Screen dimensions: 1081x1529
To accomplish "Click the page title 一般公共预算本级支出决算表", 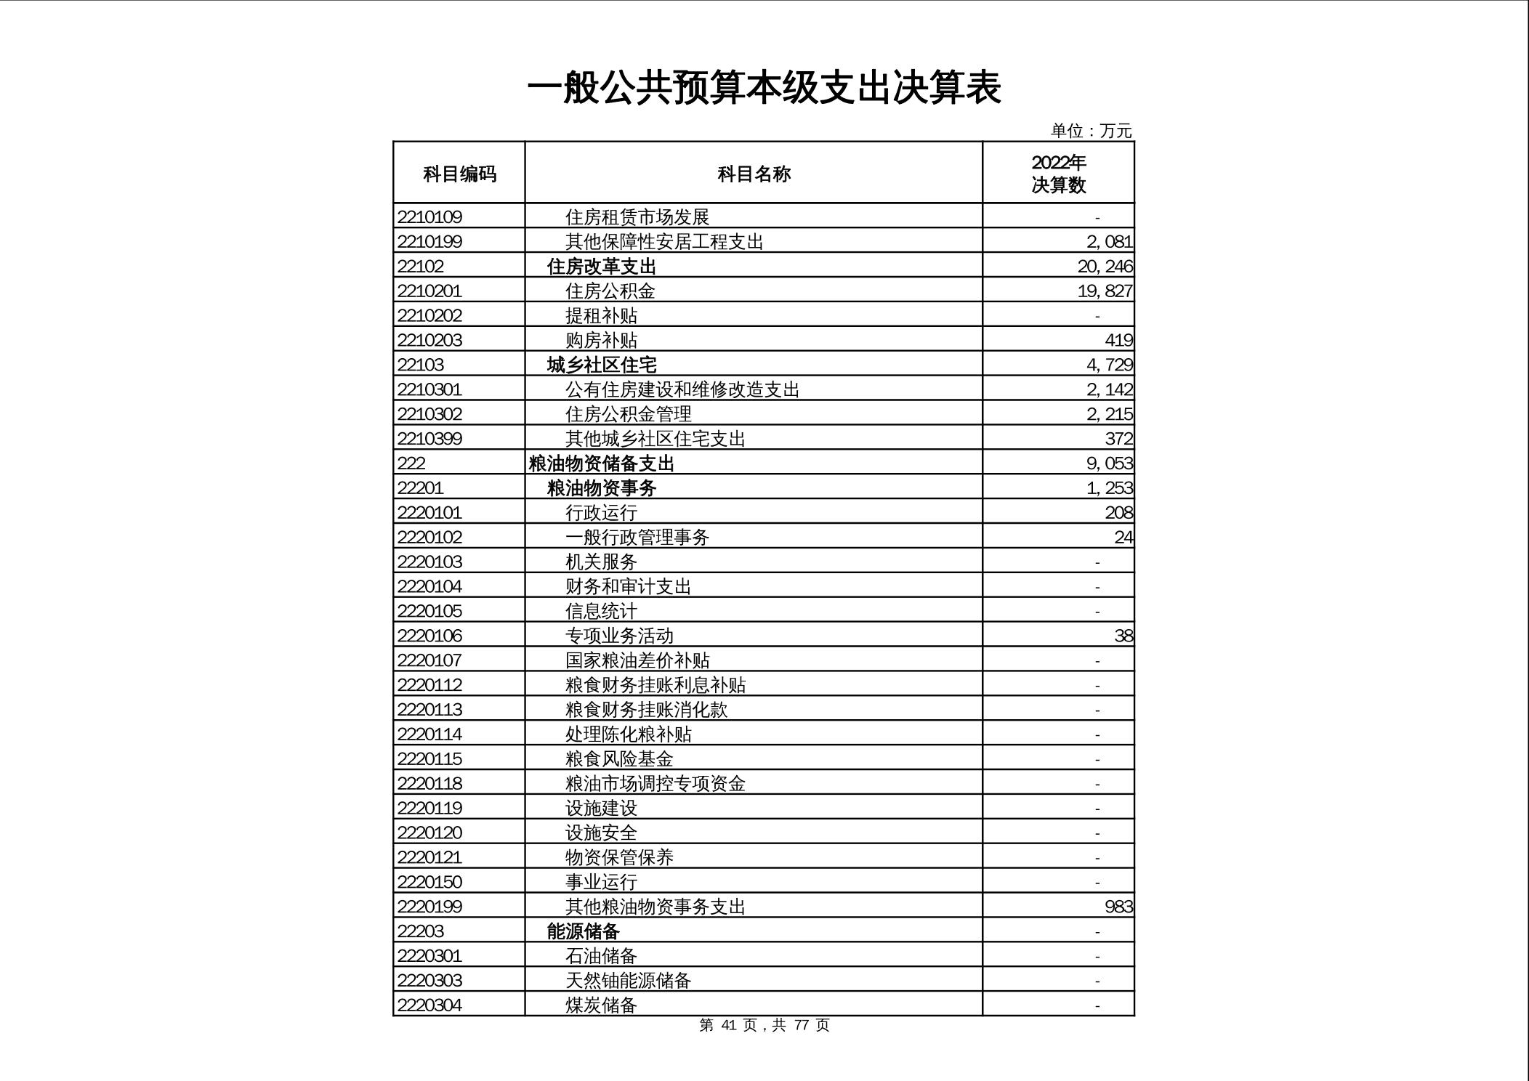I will (764, 89).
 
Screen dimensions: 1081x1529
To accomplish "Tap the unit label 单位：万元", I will (1091, 131).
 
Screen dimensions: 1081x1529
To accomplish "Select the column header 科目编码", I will (459, 174).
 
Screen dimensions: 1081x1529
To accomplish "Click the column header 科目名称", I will (754, 174).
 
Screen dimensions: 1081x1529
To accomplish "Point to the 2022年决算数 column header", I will (1058, 174).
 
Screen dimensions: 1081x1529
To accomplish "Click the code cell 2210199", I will (429, 241).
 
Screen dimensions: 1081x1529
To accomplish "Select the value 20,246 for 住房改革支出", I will (1105, 266).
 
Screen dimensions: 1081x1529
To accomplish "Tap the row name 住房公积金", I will (610, 291).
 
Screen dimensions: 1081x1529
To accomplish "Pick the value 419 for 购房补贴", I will (1118, 340).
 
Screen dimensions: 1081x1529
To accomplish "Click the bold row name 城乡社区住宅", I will (602, 365).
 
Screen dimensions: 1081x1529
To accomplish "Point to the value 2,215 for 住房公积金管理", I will (1110, 414).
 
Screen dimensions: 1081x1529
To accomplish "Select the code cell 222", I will (411, 463).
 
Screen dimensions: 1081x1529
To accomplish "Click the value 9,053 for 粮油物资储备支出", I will (1110, 463).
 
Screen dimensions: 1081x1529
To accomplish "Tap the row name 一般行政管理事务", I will (637, 537).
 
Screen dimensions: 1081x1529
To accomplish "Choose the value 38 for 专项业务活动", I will (1123, 636).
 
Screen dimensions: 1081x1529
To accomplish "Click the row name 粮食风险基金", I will (619, 758).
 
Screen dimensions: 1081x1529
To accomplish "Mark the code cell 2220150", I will (429, 882).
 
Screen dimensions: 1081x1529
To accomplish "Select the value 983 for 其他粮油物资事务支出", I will (1118, 907).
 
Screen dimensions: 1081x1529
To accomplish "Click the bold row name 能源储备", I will (583, 931).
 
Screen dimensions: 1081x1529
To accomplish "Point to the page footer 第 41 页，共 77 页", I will (764, 1025).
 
